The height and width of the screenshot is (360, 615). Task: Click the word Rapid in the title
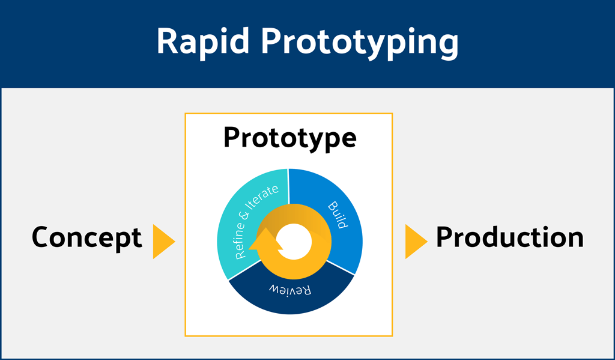(x=202, y=42)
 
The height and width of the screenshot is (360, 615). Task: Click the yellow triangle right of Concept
(x=162, y=242)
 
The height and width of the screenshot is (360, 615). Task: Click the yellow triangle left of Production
(x=415, y=242)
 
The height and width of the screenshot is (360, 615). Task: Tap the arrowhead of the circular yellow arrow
(x=264, y=240)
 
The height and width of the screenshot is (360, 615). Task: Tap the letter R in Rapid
(x=167, y=42)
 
